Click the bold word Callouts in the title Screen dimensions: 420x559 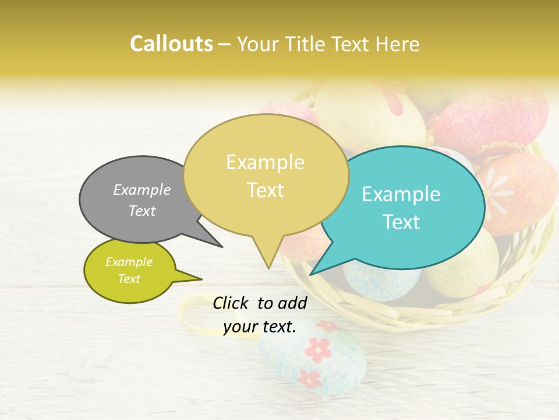click(171, 44)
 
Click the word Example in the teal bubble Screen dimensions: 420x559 click(401, 194)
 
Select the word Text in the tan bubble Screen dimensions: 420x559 click(266, 190)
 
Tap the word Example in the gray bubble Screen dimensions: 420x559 click(142, 190)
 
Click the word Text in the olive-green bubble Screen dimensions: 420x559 click(129, 279)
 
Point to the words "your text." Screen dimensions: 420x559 click(260, 327)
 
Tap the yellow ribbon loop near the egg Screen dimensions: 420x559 click(192, 312)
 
